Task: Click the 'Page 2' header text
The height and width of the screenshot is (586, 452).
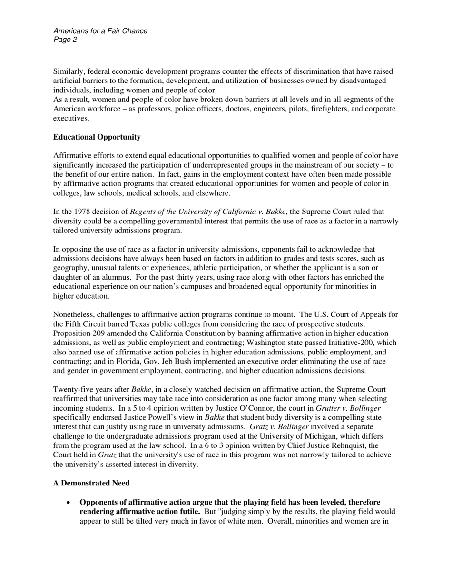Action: tap(65, 40)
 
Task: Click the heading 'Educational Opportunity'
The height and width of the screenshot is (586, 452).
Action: tap(97, 137)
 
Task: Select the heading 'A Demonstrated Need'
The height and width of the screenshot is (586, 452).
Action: tap(91, 483)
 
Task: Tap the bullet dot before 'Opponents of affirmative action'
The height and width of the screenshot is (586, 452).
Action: tap(69, 503)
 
